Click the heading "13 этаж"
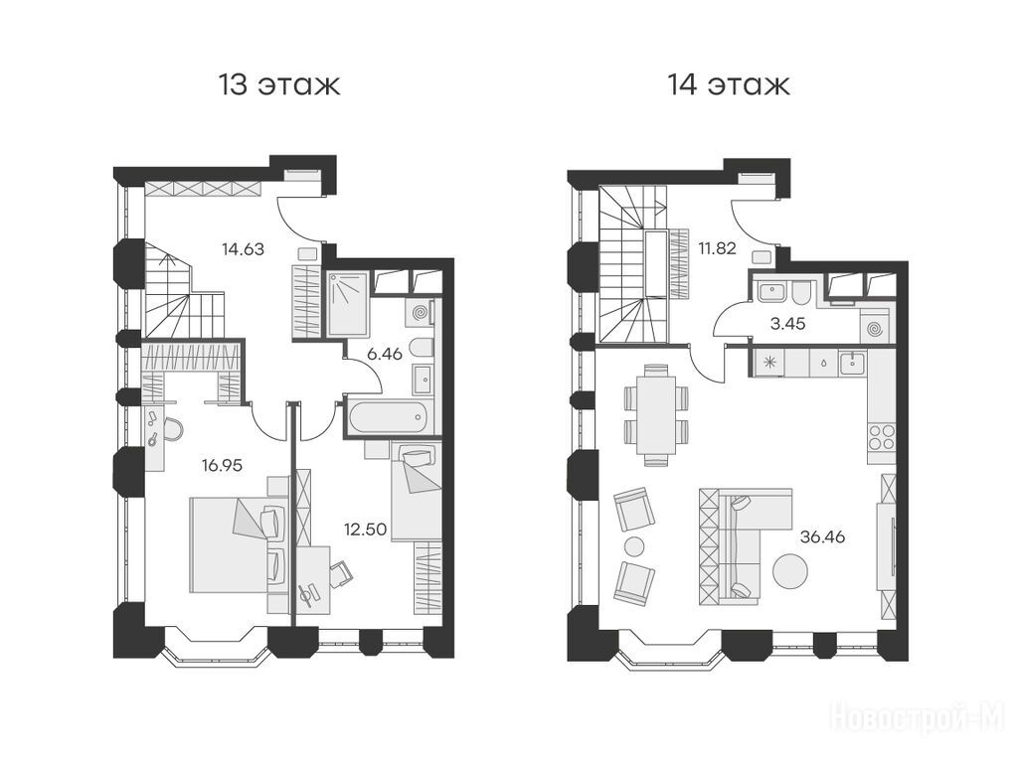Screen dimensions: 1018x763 click(279, 85)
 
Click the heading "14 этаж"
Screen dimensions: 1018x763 click(729, 85)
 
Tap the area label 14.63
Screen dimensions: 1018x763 click(243, 248)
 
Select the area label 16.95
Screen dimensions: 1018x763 click(222, 465)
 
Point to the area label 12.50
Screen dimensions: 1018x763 click(366, 530)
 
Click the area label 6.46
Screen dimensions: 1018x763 click(385, 355)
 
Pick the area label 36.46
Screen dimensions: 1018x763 click(823, 537)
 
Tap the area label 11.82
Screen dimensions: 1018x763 click(717, 247)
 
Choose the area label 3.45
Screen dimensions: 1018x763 click(787, 323)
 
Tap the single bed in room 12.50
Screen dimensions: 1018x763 click(417, 491)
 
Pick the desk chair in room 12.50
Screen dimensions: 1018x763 click(342, 573)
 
